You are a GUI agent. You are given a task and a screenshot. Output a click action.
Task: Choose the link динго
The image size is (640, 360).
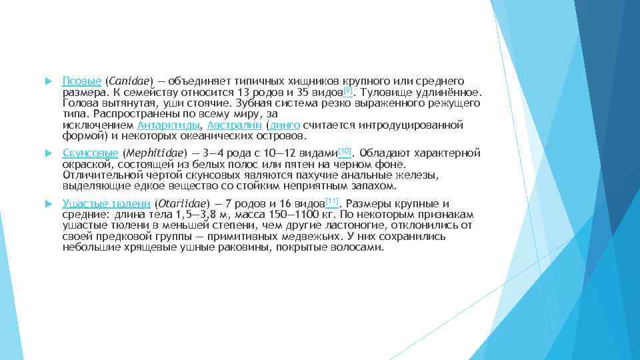tap(285, 125)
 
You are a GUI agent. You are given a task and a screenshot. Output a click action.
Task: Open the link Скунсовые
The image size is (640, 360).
tap(90, 153)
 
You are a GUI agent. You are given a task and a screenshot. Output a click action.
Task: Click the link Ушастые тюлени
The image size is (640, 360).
tap(106, 204)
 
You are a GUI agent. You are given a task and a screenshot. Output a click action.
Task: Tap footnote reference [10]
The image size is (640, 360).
tap(345, 150)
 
